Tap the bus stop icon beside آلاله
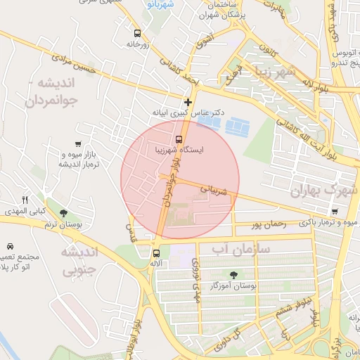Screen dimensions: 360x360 (x=156, y=252)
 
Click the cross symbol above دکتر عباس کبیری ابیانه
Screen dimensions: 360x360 (x=188, y=103)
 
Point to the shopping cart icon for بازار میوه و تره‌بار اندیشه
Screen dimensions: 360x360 (x=77, y=144)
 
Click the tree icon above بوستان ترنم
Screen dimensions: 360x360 (x=63, y=213)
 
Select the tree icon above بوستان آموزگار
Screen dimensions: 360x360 (x=233, y=275)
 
